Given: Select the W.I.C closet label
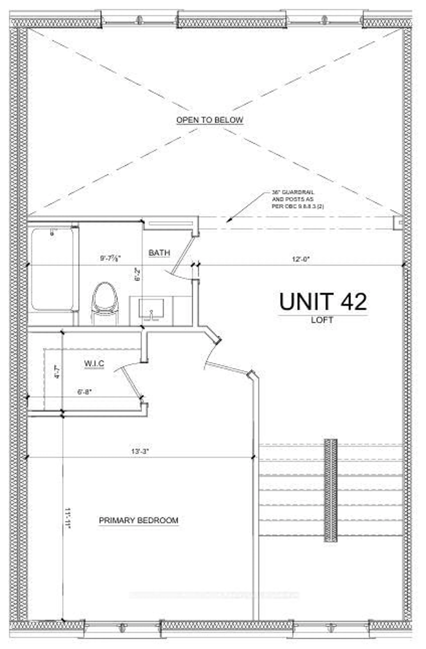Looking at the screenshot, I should coord(94,363).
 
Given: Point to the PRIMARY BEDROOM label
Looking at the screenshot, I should coord(138,520).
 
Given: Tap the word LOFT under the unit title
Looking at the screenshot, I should coord(322,320).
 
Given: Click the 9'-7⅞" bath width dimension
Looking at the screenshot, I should coord(110,259).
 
